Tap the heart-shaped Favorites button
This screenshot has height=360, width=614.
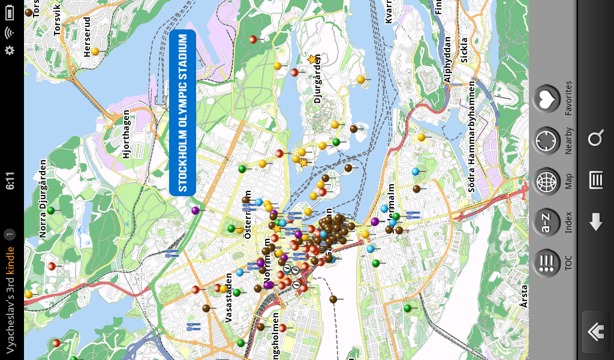[x=546, y=100]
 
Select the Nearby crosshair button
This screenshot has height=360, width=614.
[x=546, y=141]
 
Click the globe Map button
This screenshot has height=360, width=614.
[x=546, y=182]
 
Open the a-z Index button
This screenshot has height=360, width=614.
[x=546, y=223]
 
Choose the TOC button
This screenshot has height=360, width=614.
[x=546, y=263]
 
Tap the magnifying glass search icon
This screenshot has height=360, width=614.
[x=595, y=139]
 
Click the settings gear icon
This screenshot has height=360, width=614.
[x=10, y=50]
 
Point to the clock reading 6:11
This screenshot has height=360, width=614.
[x=10, y=181]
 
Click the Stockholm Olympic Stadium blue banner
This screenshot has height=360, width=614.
[x=183, y=113]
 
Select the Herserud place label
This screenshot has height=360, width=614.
[x=87, y=41]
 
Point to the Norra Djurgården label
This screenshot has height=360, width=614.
[x=43, y=199]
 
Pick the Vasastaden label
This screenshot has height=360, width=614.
[x=228, y=298]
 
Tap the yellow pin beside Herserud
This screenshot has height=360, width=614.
[x=95, y=52]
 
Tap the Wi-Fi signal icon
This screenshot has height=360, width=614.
[x=10, y=32]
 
